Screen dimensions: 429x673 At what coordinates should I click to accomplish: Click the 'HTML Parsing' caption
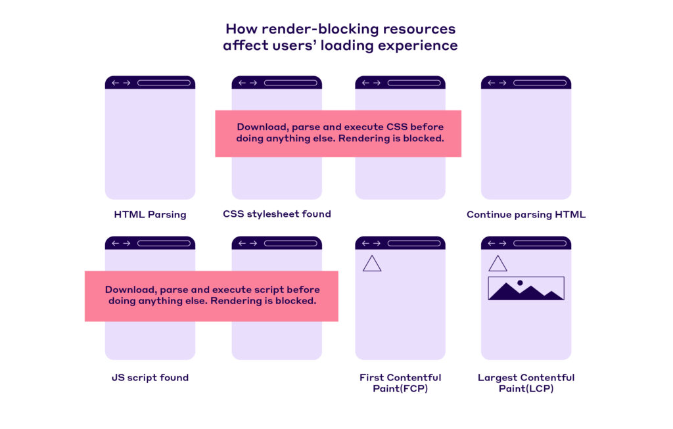tap(150, 214)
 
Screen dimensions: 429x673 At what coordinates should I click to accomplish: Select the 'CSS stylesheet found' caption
tap(277, 214)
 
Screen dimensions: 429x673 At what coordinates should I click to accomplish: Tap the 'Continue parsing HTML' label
tap(526, 214)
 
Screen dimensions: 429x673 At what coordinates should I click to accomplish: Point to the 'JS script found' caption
tap(150, 377)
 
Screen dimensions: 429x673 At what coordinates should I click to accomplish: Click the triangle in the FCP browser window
tap(372, 263)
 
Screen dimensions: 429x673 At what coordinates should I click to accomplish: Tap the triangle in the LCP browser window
tap(498, 263)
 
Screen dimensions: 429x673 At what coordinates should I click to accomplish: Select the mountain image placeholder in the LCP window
tap(526, 288)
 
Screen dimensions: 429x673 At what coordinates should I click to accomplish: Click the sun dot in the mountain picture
tap(520, 282)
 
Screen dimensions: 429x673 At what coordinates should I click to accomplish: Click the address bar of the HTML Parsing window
tap(164, 83)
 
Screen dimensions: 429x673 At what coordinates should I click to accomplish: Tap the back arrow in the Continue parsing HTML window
tap(491, 83)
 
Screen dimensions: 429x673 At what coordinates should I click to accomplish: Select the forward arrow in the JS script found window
tap(127, 243)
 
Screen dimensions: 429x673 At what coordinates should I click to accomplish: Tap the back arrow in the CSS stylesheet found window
tap(242, 83)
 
